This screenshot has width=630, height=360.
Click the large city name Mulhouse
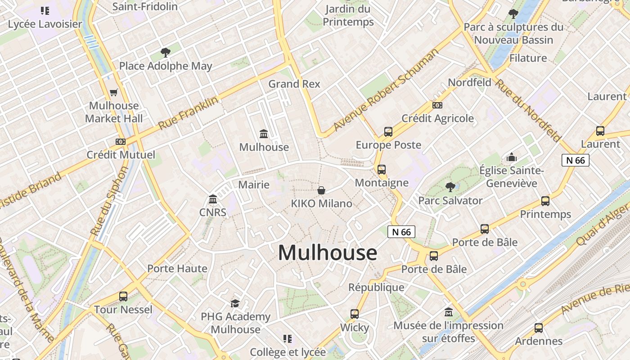pos(327,253)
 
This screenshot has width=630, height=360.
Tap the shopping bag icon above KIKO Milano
pos(321,190)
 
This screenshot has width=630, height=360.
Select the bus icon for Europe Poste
pos(388,132)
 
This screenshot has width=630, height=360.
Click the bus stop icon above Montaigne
pos(382,170)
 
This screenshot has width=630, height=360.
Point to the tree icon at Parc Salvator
pos(450,187)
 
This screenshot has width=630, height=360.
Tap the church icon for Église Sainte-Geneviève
pos(512,157)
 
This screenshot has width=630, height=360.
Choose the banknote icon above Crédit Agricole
pos(437,105)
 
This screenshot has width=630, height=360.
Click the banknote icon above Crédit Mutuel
pos(120,141)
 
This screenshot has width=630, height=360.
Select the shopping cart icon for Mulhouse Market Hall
pos(114,93)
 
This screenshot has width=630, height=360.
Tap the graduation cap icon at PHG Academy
pos(235,303)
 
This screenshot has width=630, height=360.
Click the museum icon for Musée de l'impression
pos(449,312)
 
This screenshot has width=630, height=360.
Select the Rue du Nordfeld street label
pos(528,110)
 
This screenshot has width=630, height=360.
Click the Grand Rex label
pos(294,84)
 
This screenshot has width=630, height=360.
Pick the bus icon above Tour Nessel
pos(123,297)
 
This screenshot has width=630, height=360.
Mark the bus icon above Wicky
pos(355,314)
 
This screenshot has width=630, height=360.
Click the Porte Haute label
pos(177,269)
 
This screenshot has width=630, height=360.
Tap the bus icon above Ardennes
pos(539,328)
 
